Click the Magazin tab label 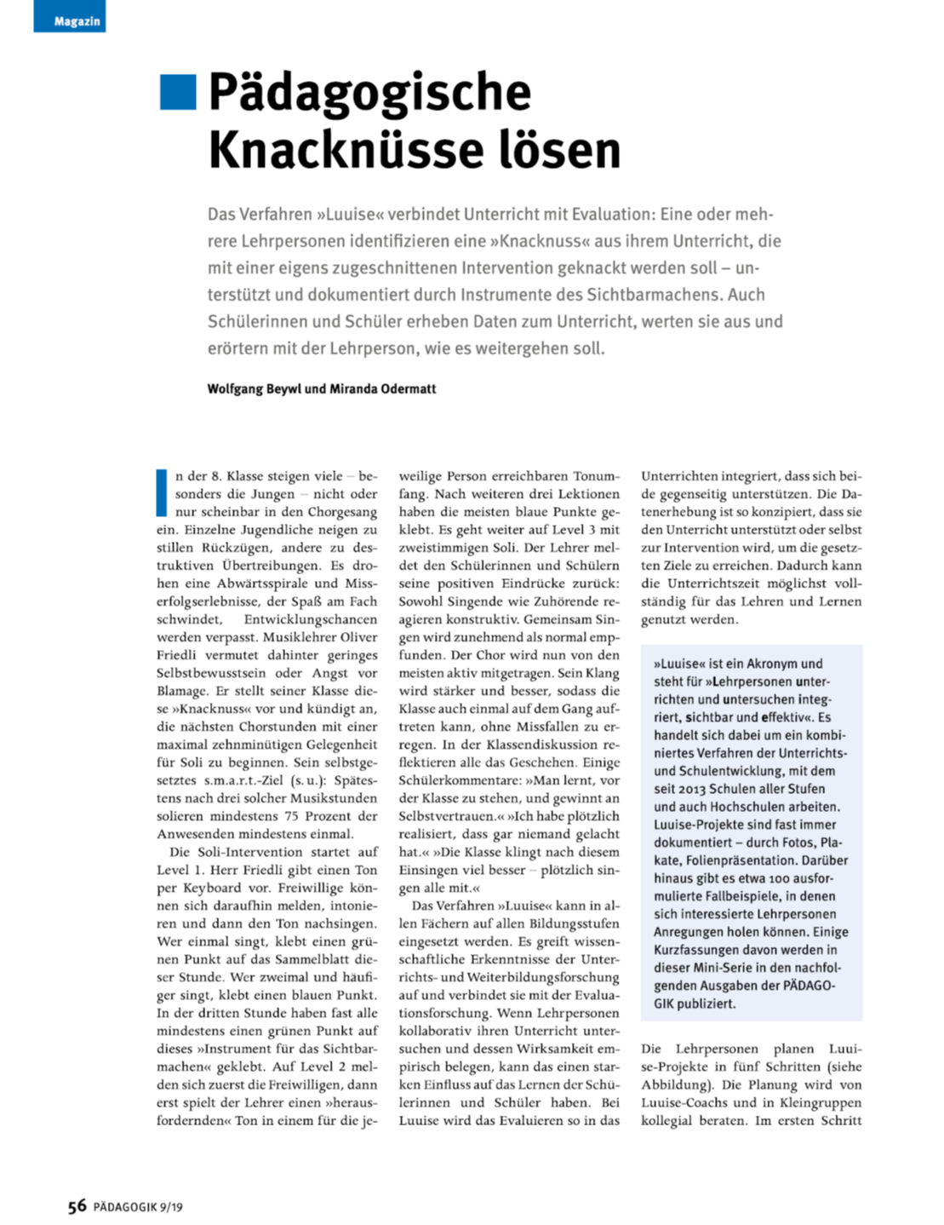(77, 21)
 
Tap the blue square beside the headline (178, 92)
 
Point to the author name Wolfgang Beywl (255, 388)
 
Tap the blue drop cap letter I (161, 492)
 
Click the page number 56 (77, 1206)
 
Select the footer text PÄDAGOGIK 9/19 (138, 1207)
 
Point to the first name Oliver (358, 637)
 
